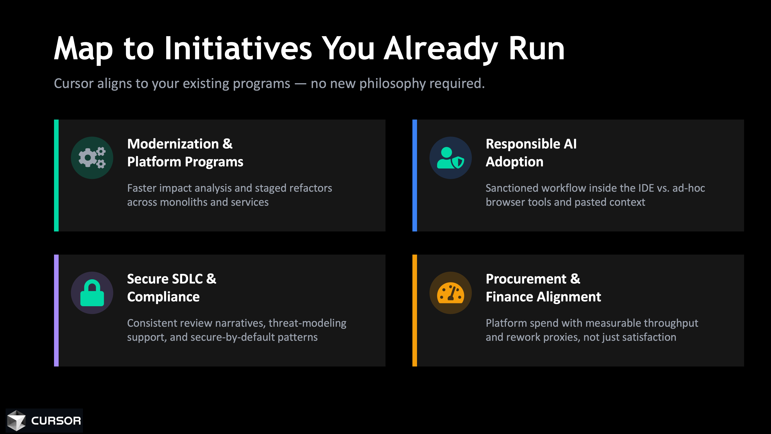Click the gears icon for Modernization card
92,158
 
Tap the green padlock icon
92,293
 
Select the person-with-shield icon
450,158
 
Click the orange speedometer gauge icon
450,293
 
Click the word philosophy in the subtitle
392,84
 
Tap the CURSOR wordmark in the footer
56,421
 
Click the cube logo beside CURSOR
16,421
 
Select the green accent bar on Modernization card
56,176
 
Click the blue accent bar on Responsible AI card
415,176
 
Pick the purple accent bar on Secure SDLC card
56,311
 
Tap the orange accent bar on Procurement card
415,311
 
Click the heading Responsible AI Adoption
531,153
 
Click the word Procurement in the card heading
526,279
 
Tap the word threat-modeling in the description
307,323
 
